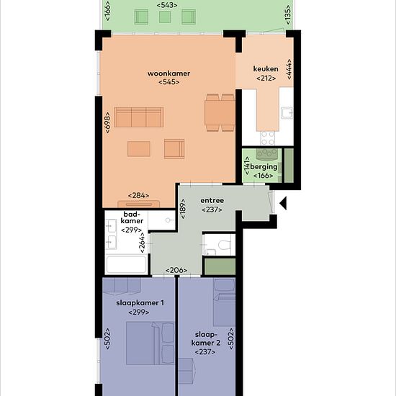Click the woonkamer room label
[x=168, y=73]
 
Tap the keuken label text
[x=266, y=68]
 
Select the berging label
[x=264, y=167]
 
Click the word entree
[x=212, y=201]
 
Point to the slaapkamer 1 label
[x=140, y=303]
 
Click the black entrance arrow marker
[x=283, y=203]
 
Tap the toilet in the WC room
[x=224, y=245]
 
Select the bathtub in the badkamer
[x=126, y=264]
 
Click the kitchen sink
[x=287, y=112]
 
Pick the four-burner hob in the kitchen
[x=267, y=138]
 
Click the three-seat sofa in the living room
[x=139, y=117]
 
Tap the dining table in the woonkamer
[x=220, y=112]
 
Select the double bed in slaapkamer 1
[x=150, y=343]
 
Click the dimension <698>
[x=107, y=122]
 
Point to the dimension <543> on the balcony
[x=167, y=5]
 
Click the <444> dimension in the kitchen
[x=289, y=69]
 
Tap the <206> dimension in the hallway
[x=176, y=270]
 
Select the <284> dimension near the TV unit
[x=138, y=195]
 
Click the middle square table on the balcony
[x=165, y=17]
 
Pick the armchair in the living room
[x=174, y=149]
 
